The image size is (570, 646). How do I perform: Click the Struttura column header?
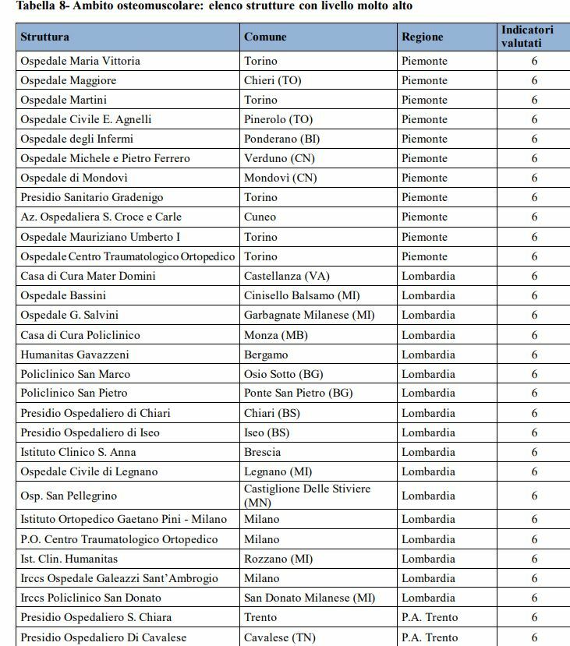tap(44, 37)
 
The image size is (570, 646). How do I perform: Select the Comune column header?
tap(265, 37)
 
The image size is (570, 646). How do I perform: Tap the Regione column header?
tap(422, 37)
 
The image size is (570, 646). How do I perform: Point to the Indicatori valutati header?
tap(527, 37)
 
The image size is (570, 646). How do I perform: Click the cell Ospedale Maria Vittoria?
tap(80, 61)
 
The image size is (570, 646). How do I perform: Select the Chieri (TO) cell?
tap(273, 80)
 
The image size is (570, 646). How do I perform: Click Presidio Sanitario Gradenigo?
tap(91, 197)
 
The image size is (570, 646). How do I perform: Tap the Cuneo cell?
tap(260, 217)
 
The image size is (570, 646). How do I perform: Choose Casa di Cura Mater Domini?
tap(88, 276)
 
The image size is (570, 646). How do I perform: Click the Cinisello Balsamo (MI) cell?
tap(302, 295)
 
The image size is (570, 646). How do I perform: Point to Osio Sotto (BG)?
tap(283, 374)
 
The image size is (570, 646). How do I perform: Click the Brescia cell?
tap(263, 452)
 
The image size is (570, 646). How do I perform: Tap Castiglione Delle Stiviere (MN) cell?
tap(307, 496)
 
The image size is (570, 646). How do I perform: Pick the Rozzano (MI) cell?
tap(278, 559)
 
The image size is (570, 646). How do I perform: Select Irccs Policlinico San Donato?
tap(91, 598)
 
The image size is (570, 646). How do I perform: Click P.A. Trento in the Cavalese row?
tap(430, 637)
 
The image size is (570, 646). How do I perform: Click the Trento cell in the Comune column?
tap(260, 617)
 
